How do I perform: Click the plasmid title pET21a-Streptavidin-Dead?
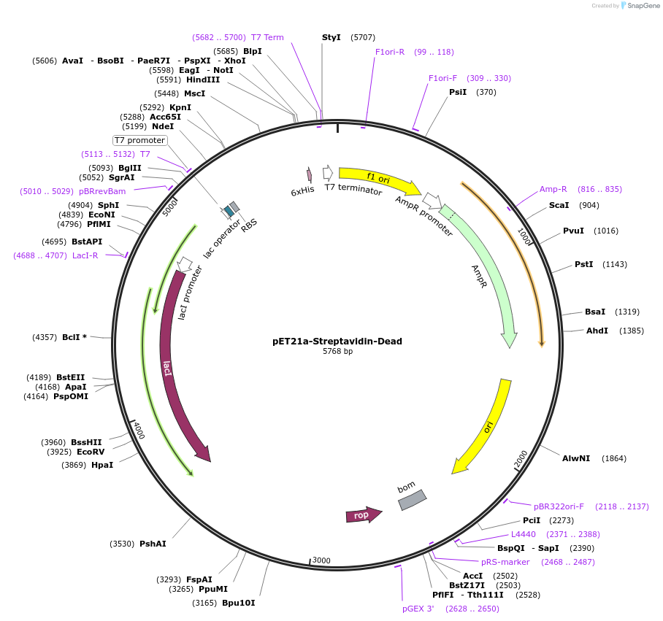tap(337, 341)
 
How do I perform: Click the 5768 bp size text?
tap(337, 351)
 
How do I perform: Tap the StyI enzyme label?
tap(331, 37)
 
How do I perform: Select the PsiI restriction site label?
tap(458, 92)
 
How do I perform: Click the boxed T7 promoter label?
tap(139, 140)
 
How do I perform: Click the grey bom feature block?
tap(412, 500)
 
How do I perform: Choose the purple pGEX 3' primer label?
tap(418, 608)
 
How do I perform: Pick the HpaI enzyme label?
tap(102, 465)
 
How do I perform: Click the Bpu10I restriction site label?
tap(238, 603)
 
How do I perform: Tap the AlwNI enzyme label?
tap(576, 458)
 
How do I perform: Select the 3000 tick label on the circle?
tap(321, 560)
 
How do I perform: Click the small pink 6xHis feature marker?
tap(309, 174)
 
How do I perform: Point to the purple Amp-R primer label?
tap(553, 189)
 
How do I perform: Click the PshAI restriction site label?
tap(153, 544)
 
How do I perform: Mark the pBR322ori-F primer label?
tap(559, 506)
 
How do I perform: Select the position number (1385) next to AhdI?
tap(632, 331)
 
